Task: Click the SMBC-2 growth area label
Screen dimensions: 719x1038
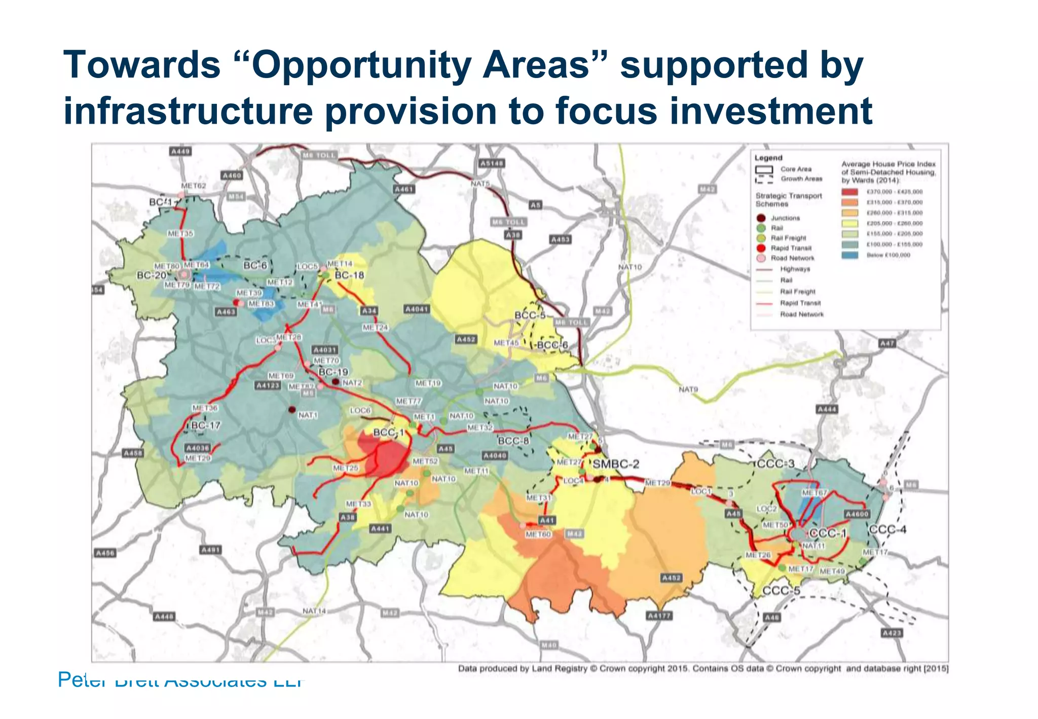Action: (616, 464)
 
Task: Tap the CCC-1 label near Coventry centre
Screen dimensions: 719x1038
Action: (828, 533)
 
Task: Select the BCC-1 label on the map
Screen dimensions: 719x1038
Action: (388, 433)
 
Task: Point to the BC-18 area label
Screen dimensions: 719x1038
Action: (349, 275)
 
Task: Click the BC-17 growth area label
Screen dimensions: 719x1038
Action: (205, 425)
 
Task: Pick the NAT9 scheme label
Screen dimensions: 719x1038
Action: (688, 389)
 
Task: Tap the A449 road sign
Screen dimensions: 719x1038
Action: (180, 151)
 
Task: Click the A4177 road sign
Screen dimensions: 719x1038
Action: (659, 616)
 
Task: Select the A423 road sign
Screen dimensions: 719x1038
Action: (892, 633)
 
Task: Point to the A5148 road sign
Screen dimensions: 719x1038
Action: (491, 163)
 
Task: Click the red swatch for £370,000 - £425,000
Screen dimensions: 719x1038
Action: (849, 192)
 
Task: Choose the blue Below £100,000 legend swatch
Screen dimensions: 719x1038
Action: (849, 255)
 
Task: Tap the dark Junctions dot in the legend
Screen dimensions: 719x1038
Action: (761, 218)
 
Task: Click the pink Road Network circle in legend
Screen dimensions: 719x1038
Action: (761, 258)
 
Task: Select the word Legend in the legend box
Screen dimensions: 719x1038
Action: (768, 158)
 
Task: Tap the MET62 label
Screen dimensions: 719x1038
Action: (194, 186)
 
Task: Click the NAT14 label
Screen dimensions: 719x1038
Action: (314, 611)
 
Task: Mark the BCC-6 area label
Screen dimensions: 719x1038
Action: (552, 345)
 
